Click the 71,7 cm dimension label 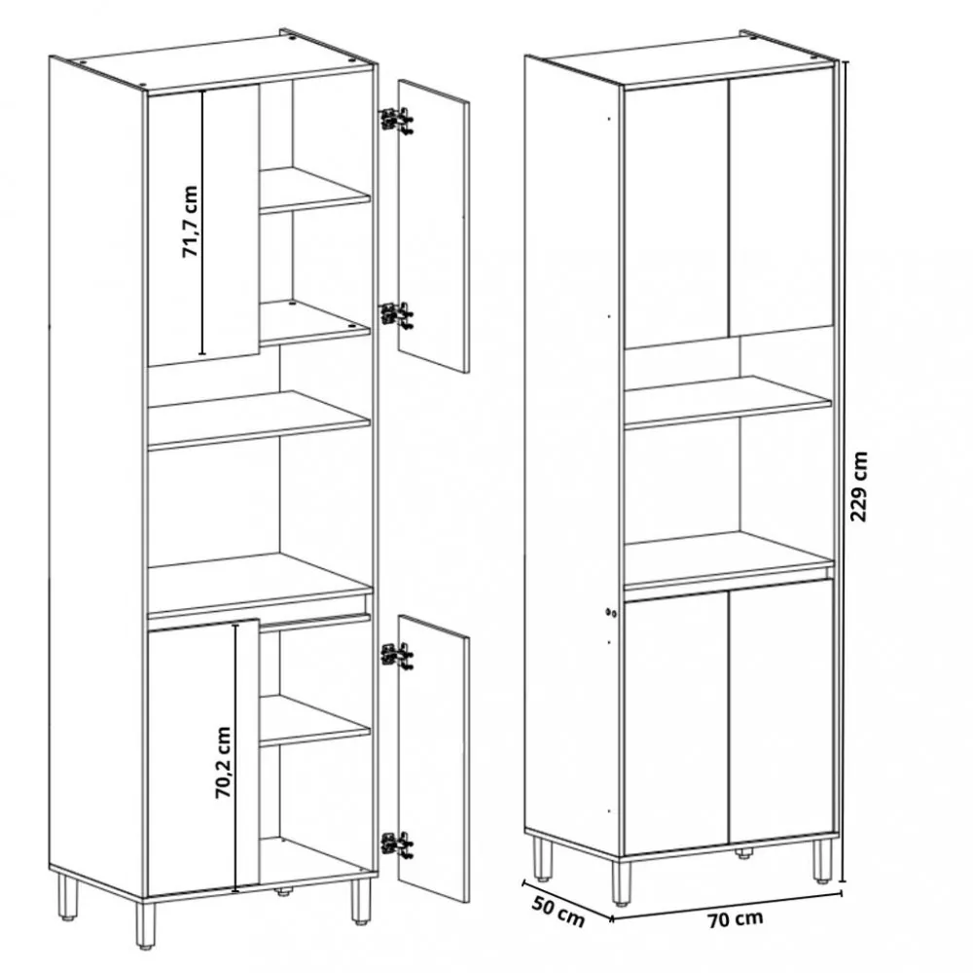pos(190,223)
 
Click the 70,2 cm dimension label pos(223,762)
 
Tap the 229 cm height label pos(860,486)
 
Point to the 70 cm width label pos(735,917)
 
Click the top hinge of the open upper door pos(395,119)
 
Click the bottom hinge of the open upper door pos(395,314)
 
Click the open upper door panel pos(433,226)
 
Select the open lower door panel pos(433,757)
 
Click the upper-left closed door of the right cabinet pos(676,214)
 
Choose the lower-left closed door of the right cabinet pos(676,725)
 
